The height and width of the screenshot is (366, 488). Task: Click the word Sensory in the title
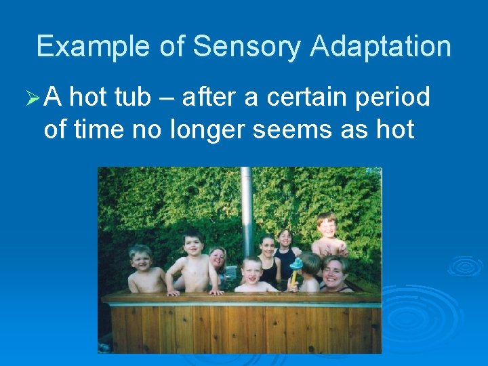pyautogui.click(x=247, y=46)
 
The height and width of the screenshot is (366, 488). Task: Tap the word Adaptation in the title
pyautogui.click(x=381, y=46)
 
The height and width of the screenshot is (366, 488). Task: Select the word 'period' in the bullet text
pyautogui.click(x=398, y=99)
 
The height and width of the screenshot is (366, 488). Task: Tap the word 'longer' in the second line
pyautogui.click(x=207, y=128)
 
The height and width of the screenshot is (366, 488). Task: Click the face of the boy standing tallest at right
pyautogui.click(x=327, y=226)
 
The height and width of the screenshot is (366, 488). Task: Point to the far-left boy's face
pyautogui.click(x=140, y=260)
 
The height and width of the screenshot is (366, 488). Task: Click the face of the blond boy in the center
pyautogui.click(x=252, y=270)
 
